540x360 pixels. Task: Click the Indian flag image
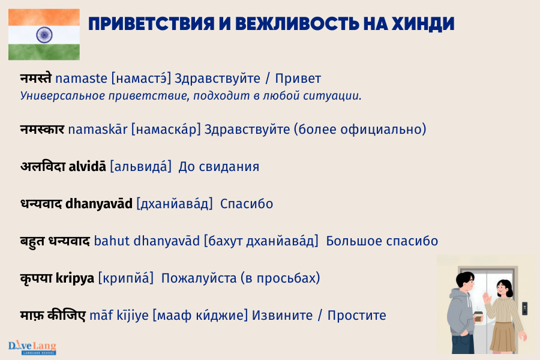point(44,34)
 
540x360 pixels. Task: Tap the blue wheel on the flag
point(44,34)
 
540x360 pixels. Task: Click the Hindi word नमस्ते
point(35,78)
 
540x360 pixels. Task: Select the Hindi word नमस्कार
point(42,129)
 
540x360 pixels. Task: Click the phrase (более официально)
point(360,129)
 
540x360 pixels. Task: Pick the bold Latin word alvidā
point(88,166)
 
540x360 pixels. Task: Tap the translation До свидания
point(219,166)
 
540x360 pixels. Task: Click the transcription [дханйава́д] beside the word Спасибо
point(175,203)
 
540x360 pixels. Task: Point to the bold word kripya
point(75,278)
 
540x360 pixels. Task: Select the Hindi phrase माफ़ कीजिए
point(53,316)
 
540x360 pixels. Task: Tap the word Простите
point(357,316)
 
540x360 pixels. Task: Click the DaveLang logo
point(32,347)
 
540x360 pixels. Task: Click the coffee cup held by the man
point(478,317)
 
